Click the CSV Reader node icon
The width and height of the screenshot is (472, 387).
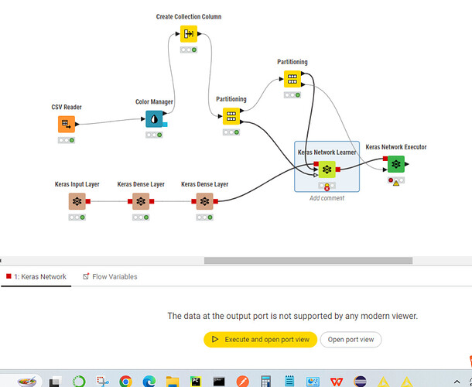[67, 124]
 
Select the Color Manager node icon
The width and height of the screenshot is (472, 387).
[154, 118]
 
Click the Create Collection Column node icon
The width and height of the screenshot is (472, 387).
[189, 34]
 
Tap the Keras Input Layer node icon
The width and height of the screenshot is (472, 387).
[77, 201]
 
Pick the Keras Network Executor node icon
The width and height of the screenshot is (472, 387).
[395, 164]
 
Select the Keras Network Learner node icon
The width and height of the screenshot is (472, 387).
[327, 170]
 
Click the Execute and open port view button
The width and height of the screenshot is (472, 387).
[260, 340]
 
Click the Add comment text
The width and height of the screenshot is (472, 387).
[327, 198]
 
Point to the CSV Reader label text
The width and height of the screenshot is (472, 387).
[67, 108]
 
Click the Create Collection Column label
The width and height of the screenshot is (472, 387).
[189, 16]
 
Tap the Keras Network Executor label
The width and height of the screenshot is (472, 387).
[395, 147]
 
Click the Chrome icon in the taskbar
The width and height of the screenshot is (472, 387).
[125, 380]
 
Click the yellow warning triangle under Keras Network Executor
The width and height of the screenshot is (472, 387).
[395, 183]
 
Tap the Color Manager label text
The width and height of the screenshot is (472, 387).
[154, 101]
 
